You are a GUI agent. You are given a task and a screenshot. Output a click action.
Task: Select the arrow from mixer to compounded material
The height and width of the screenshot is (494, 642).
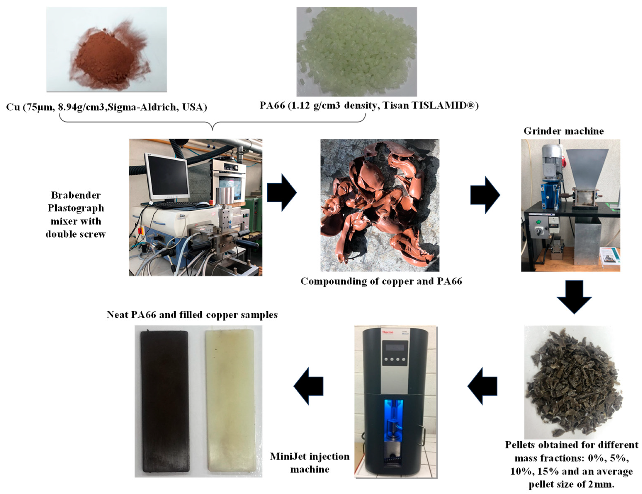point(282,192)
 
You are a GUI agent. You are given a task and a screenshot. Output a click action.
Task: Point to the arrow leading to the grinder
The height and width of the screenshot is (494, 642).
point(485,195)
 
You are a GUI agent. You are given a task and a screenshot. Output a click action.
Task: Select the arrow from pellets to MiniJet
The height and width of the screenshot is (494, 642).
point(482,386)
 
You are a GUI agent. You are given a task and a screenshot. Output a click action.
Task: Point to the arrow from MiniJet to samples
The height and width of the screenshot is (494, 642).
point(308,386)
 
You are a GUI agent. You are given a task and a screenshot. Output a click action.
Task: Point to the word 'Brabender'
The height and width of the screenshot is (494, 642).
point(76,195)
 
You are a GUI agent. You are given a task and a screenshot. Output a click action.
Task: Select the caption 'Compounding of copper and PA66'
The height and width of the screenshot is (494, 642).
point(381,281)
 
